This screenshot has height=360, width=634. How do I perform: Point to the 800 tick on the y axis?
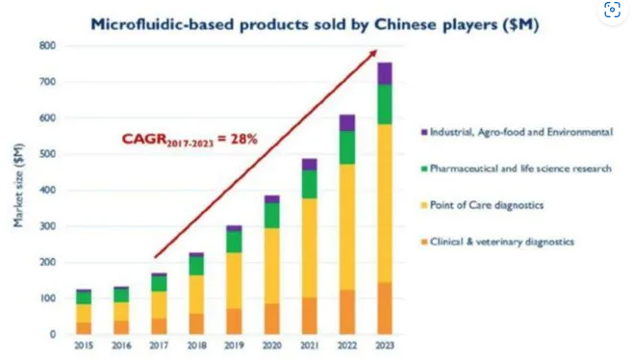[x=47, y=46]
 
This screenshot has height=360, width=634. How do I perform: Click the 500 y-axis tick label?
[x=47, y=154]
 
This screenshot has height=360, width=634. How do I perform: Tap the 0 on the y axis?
[x=53, y=334]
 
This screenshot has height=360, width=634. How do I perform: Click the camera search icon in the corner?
[x=613, y=12]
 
